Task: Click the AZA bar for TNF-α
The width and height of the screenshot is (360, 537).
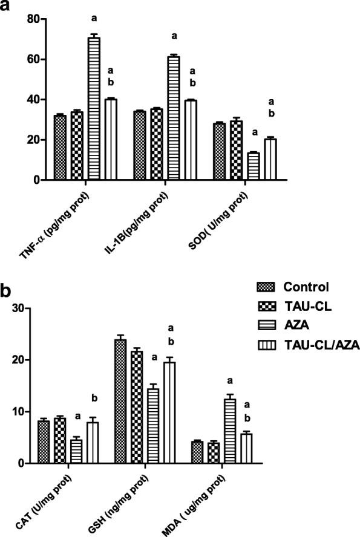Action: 94,109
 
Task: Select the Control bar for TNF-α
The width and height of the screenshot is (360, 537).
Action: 60,148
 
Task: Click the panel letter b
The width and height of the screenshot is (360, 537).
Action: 7,291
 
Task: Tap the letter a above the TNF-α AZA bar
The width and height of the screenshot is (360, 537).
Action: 94,27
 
